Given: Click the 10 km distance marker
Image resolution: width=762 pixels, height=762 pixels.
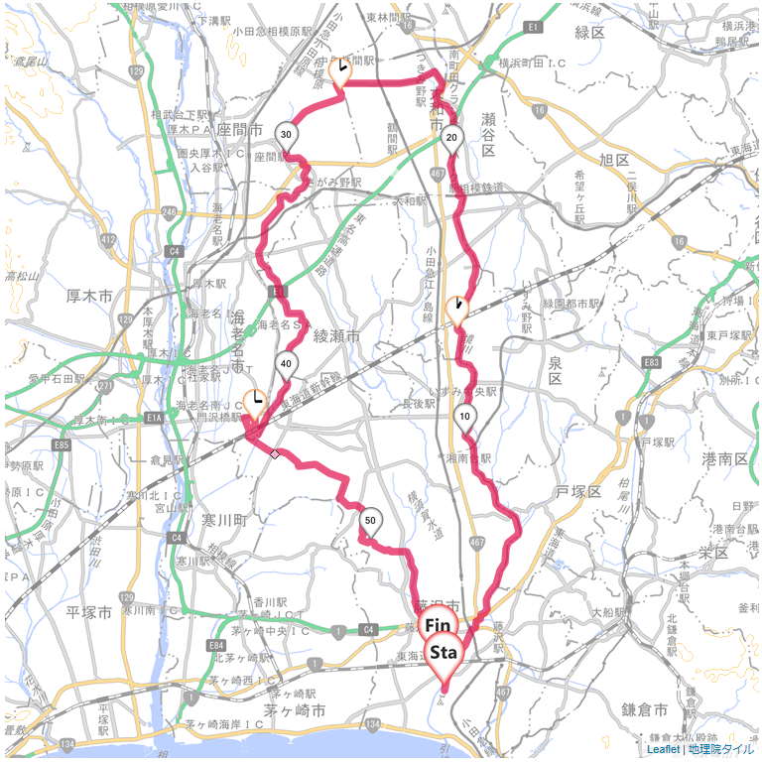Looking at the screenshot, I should coord(464,417).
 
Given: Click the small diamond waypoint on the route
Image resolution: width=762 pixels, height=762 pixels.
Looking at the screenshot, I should coord(274,453).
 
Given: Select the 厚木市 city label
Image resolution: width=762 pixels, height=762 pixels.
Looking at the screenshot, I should coord(88,295).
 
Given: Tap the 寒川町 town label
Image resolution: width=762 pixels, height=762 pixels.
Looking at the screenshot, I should coord(222,520).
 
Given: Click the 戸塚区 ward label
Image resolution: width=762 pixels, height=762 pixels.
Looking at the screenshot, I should coord(578,492).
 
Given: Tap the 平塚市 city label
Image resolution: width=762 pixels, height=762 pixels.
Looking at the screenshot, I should coord(89,612).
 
